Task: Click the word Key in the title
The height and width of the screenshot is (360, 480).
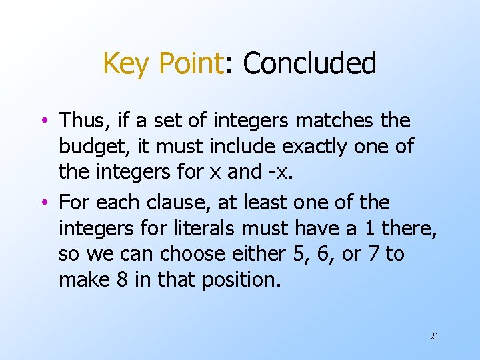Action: click(x=128, y=64)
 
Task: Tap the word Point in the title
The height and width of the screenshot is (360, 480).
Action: click(x=189, y=64)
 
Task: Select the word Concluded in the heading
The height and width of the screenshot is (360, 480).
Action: click(x=309, y=64)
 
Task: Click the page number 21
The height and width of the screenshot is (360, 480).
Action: click(x=434, y=337)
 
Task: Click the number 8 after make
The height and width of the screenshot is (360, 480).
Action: click(x=122, y=279)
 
